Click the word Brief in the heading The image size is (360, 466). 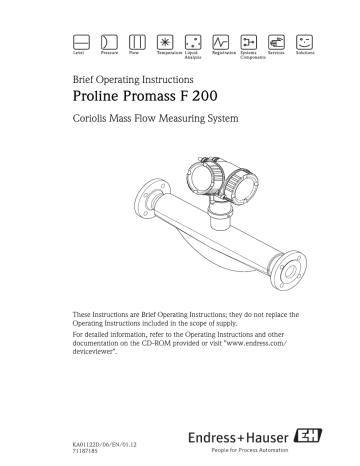pos(88,77)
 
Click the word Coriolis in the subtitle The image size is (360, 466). pos(98,122)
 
